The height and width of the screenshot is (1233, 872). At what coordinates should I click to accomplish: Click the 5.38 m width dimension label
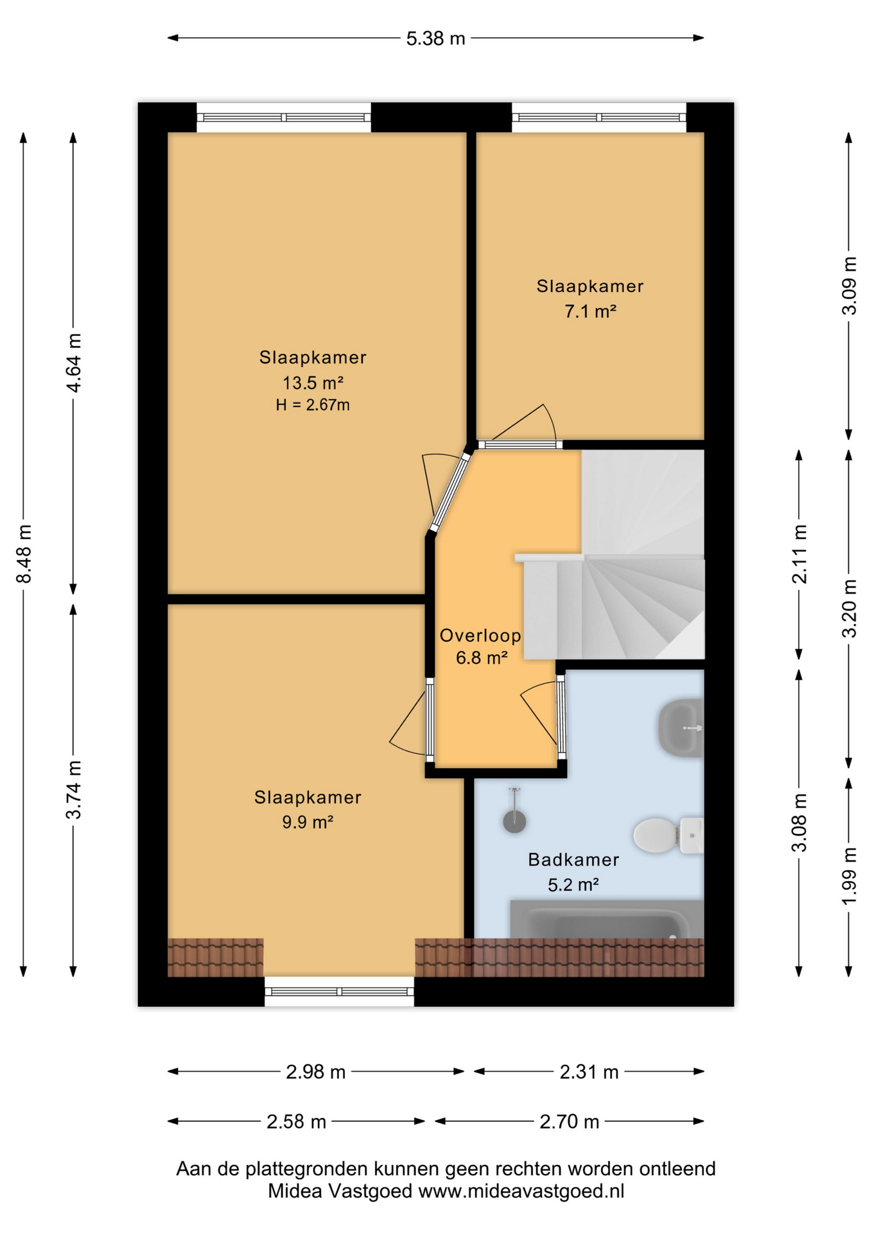pyautogui.click(x=435, y=39)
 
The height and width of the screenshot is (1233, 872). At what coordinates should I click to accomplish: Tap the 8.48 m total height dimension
pyautogui.click(x=24, y=554)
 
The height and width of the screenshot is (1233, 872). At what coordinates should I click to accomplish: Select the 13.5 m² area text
pyautogui.click(x=313, y=383)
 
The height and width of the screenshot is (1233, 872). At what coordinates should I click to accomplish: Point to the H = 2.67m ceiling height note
pyautogui.click(x=313, y=405)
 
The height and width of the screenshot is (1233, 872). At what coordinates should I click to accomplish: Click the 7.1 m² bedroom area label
pyautogui.click(x=590, y=311)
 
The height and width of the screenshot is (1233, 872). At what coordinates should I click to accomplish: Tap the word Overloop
pyautogui.click(x=480, y=636)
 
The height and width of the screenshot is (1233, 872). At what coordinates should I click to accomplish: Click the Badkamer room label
pyautogui.click(x=573, y=859)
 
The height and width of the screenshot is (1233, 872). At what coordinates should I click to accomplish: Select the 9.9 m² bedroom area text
pyautogui.click(x=308, y=822)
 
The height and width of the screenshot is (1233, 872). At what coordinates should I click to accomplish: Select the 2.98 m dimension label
pyautogui.click(x=315, y=1072)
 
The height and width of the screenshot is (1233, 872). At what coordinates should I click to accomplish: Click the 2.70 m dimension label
pyautogui.click(x=569, y=1122)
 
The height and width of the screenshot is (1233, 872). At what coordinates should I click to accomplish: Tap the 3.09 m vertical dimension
pyautogui.click(x=849, y=286)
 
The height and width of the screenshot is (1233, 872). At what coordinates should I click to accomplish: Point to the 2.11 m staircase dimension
pyautogui.click(x=799, y=554)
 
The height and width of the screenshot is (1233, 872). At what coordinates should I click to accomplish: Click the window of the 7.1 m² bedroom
pyautogui.click(x=598, y=118)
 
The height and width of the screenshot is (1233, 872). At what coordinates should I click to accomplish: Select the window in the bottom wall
pyautogui.click(x=339, y=992)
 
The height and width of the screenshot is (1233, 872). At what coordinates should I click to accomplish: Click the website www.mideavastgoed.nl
pyautogui.click(x=521, y=1192)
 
